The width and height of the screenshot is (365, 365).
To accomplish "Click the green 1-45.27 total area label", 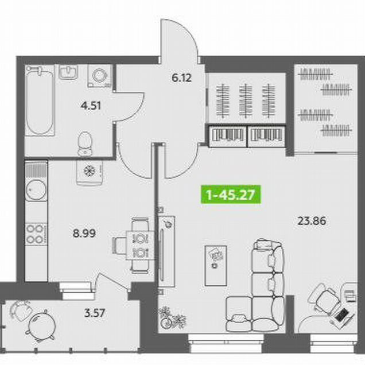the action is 231,195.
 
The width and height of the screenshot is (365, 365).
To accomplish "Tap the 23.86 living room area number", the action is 312,221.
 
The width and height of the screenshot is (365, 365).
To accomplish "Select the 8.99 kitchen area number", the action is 84,233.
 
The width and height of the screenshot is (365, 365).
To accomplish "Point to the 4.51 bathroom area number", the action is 91,106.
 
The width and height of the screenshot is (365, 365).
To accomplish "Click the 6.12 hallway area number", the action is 181,77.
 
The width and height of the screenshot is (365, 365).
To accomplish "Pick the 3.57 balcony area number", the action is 95,313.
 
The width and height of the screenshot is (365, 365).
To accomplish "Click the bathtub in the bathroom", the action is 40,100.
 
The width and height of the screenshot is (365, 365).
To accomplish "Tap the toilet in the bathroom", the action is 85,143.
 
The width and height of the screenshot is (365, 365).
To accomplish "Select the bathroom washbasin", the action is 68,72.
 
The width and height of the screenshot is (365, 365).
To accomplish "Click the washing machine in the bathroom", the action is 100,76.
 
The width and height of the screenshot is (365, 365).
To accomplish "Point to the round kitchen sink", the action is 36,190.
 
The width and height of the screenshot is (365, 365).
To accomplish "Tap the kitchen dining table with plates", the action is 140,245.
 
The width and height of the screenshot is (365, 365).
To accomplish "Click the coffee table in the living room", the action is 216,265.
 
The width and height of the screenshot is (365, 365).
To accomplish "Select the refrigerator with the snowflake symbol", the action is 90,172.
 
